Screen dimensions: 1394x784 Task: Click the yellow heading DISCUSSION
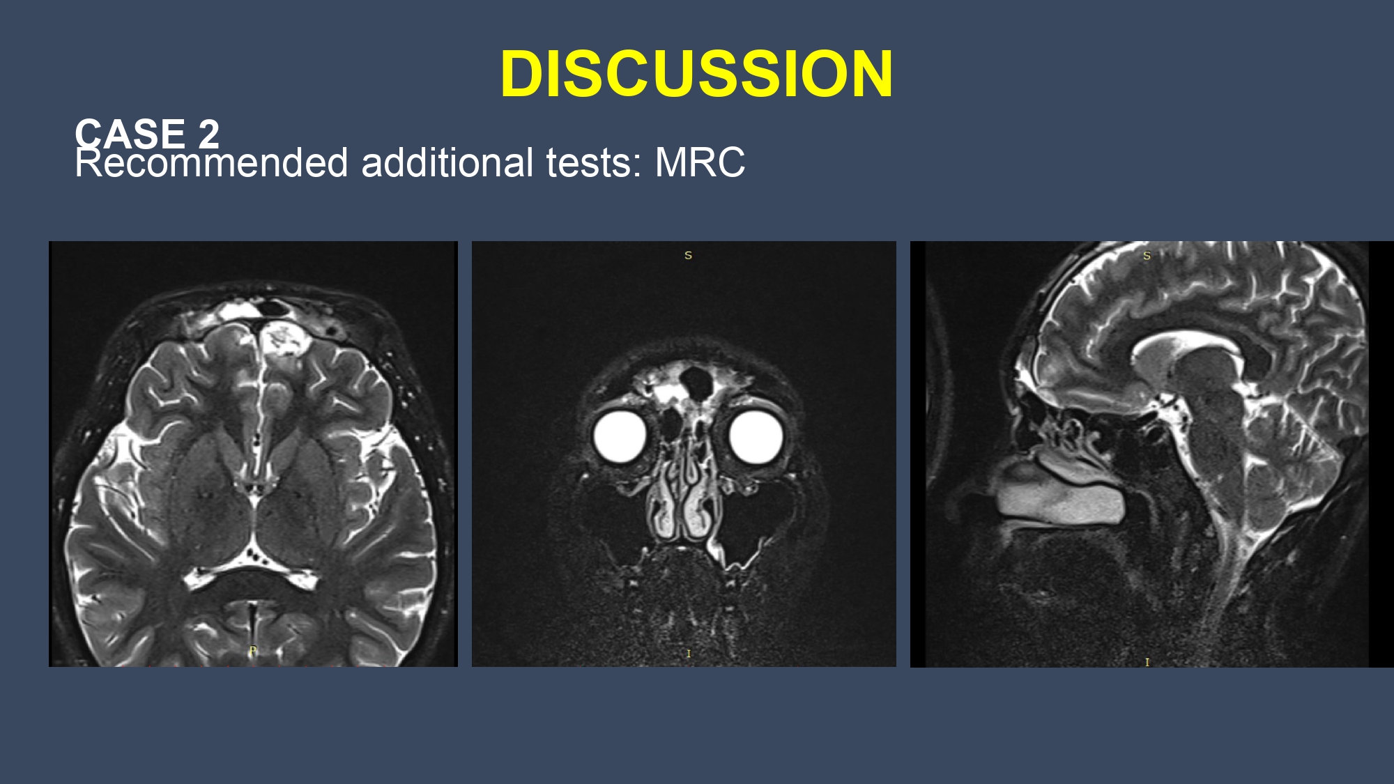pos(696,73)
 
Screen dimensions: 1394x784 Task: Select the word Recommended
pos(211,163)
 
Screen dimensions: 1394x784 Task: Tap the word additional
pos(447,163)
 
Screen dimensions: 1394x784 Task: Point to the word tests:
pos(594,163)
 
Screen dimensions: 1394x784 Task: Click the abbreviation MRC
pos(700,163)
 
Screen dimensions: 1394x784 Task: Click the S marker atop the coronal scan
pos(688,255)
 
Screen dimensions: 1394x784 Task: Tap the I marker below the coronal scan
pos(689,654)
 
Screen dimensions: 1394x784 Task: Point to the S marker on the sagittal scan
pos(1147,256)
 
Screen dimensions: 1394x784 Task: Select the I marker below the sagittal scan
pos(1147,662)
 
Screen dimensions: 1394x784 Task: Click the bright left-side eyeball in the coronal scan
pos(620,437)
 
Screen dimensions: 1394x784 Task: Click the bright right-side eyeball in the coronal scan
pos(756,437)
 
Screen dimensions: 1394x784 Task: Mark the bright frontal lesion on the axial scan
pos(284,339)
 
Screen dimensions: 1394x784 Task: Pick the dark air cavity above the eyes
pos(696,383)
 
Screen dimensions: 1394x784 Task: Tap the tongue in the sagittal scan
pos(1059,495)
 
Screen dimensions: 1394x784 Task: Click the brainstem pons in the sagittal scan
pos(1216,432)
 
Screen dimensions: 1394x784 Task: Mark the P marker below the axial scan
pos(253,650)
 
